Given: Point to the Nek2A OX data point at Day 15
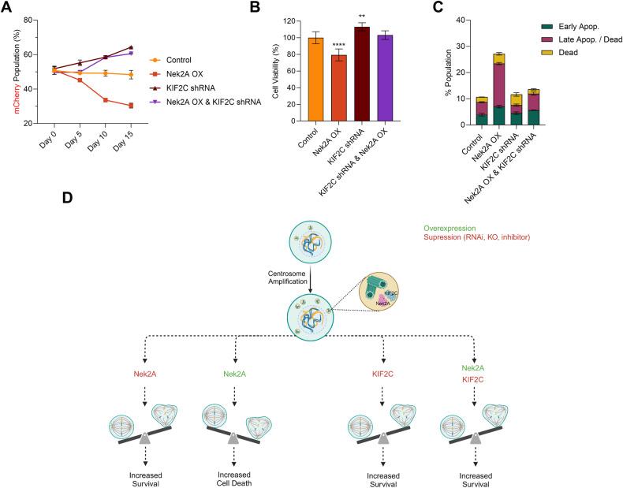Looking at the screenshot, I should pyautogui.click(x=131, y=106).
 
